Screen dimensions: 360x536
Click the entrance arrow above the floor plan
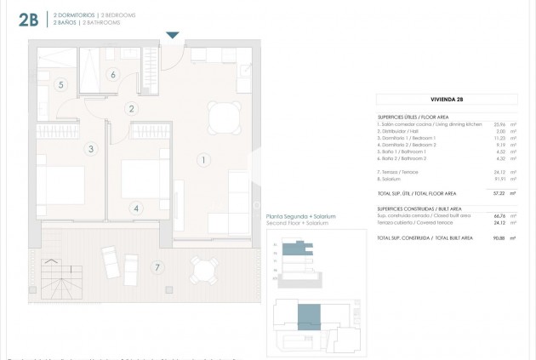click(x=173, y=35)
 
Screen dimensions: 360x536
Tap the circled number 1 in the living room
click(x=203, y=159)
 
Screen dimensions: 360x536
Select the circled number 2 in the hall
click(x=131, y=108)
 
